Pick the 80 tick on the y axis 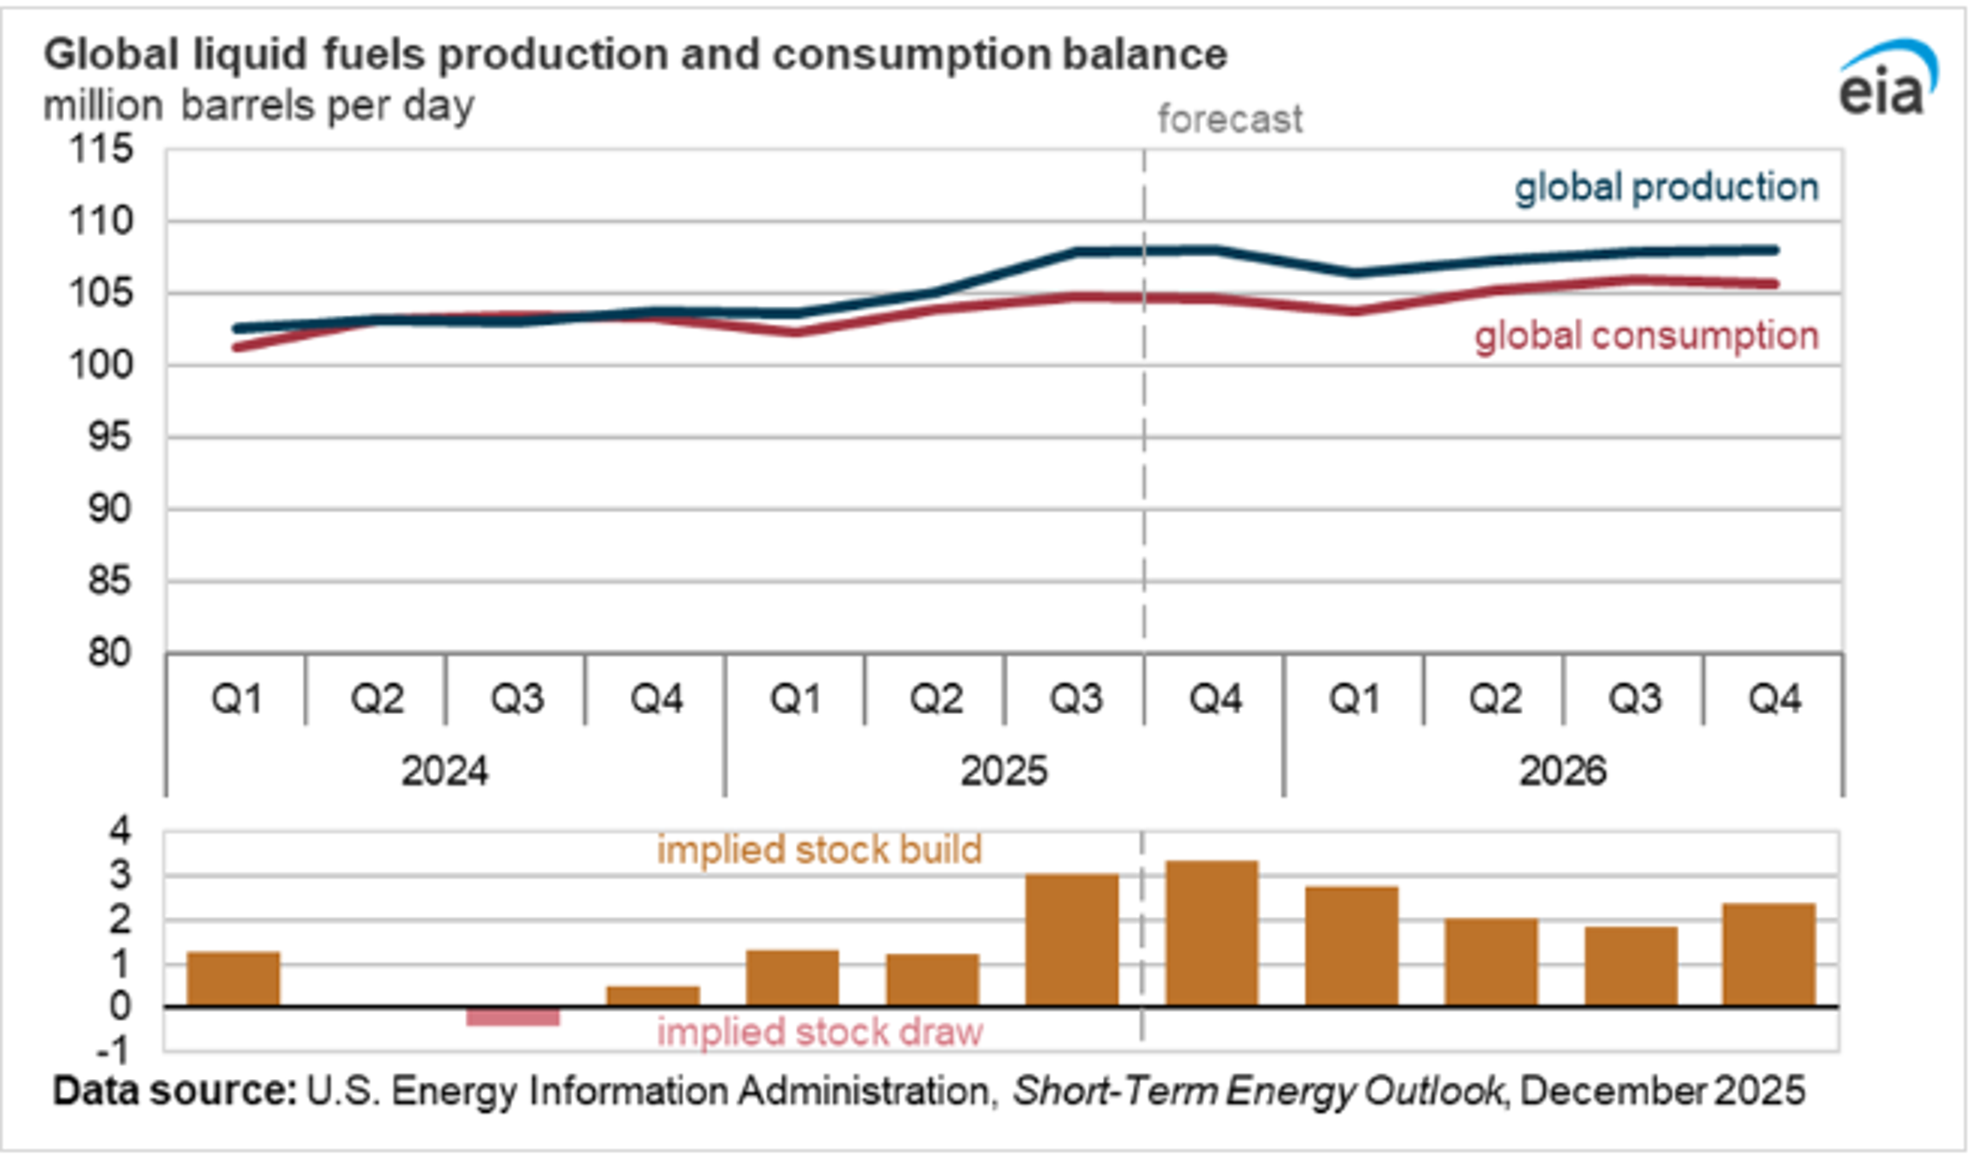pyautogui.click(x=109, y=654)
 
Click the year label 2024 pyautogui.click(x=444, y=771)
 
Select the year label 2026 pyautogui.click(x=1562, y=771)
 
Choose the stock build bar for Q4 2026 pyautogui.click(x=1768, y=955)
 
